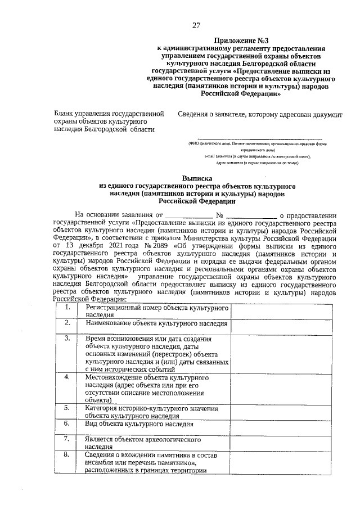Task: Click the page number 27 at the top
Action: pyautogui.click(x=196, y=25)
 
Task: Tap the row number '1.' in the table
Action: pyautogui.click(x=67, y=308)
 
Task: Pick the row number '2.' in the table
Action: pyautogui.click(x=67, y=323)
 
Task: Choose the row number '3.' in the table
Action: pyautogui.click(x=67, y=338)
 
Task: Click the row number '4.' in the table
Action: pyautogui.click(x=67, y=377)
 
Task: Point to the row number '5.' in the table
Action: pyautogui.click(x=67, y=408)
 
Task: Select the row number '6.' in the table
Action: pyautogui.click(x=67, y=423)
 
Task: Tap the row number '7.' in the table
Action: pyautogui.click(x=67, y=439)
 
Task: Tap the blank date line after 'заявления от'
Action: pyautogui.click(x=190, y=215)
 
